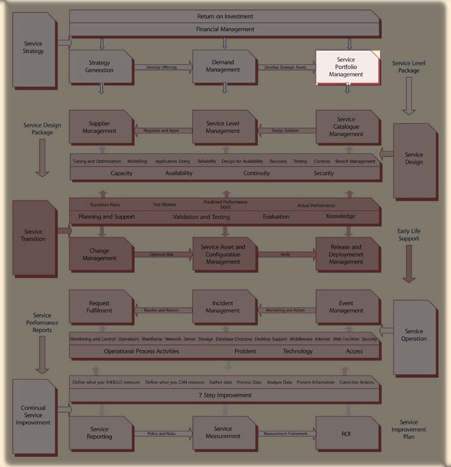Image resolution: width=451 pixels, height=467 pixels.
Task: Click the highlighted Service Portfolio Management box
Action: (348, 67)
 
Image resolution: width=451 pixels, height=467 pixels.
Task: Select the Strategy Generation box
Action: (101, 66)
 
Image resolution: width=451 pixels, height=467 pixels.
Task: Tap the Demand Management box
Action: (224, 66)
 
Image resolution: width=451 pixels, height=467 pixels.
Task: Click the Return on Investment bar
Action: (225, 16)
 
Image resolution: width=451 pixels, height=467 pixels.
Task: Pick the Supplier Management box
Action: (100, 127)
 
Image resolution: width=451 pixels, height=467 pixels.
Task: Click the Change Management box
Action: (100, 255)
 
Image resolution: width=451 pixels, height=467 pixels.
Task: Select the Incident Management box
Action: (224, 307)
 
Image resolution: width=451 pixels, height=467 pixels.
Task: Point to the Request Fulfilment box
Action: (100, 307)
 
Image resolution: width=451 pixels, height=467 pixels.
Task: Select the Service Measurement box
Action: (224, 433)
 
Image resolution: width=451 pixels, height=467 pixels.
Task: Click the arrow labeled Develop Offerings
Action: (162, 68)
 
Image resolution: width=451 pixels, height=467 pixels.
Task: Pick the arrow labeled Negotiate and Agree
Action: (162, 131)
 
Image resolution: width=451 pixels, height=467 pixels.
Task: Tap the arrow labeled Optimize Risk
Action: (162, 255)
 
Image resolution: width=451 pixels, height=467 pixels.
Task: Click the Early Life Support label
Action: (408, 235)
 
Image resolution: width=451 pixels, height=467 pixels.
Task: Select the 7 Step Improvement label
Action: (225, 395)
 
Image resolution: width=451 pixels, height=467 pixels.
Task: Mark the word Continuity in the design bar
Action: (257, 173)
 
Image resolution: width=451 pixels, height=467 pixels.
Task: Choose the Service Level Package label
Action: (408, 67)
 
